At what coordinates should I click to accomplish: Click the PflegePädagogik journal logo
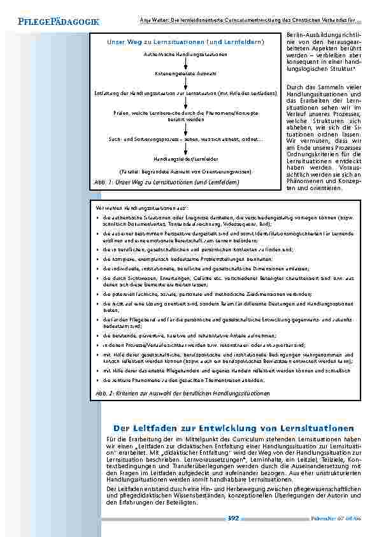[55, 22]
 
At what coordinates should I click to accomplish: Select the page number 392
[233, 518]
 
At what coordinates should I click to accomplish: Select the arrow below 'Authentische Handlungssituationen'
[185, 64]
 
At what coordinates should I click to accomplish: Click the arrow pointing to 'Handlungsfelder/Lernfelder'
[185, 149]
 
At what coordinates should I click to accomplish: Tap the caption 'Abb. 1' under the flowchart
[166, 183]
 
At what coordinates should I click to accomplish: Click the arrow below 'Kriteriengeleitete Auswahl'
[185, 84]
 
